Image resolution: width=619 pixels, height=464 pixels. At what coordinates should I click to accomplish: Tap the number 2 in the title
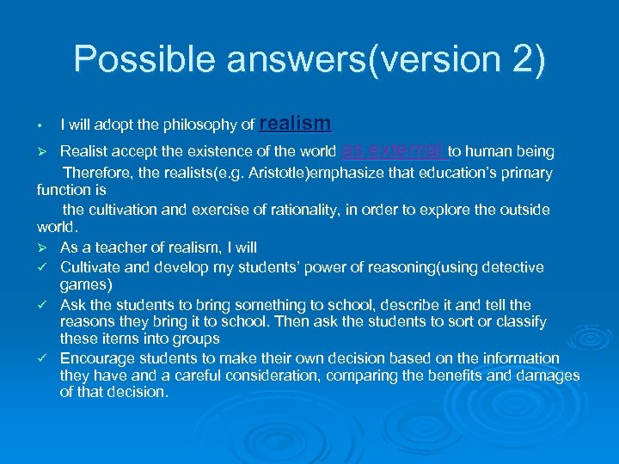[x=515, y=59]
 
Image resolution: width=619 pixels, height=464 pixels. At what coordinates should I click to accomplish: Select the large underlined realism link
[x=295, y=124]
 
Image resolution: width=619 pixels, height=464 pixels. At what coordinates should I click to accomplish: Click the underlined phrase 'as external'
[x=394, y=151]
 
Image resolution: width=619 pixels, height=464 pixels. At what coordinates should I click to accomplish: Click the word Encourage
[x=96, y=358]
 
